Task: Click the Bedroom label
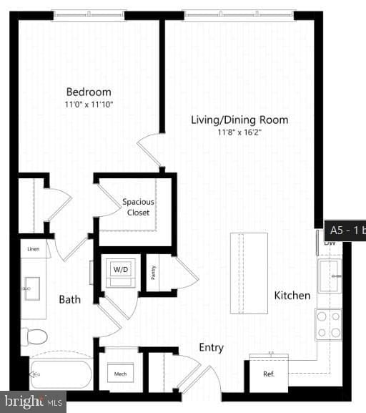pyautogui.click(x=89, y=92)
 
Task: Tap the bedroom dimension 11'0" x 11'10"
pyautogui.click(x=89, y=105)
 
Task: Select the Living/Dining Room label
pyautogui.click(x=239, y=120)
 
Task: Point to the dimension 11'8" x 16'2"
pyautogui.click(x=239, y=132)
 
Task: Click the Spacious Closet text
pyautogui.click(x=138, y=207)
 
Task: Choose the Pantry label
pyautogui.click(x=152, y=272)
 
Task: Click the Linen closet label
pyautogui.click(x=34, y=249)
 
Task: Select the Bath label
pyautogui.click(x=70, y=299)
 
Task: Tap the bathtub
pyautogui.click(x=61, y=373)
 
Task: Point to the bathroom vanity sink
pyautogui.click(x=33, y=291)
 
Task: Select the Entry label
pyautogui.click(x=211, y=347)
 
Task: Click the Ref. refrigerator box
pyautogui.click(x=268, y=373)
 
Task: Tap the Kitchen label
pyautogui.click(x=292, y=295)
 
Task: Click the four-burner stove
pyautogui.click(x=328, y=324)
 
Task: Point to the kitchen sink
pyautogui.click(x=330, y=276)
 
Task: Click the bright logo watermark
pyautogui.click(x=33, y=402)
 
